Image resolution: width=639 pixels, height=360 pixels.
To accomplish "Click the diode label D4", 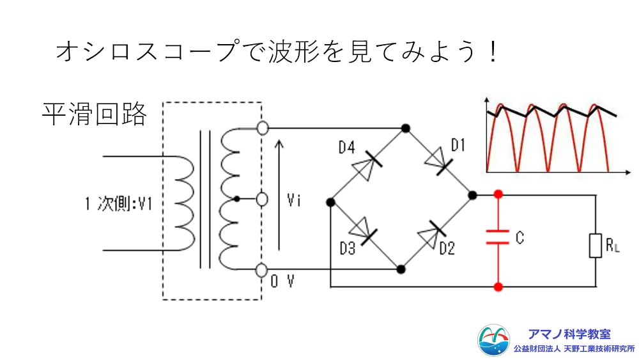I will pos(346,148).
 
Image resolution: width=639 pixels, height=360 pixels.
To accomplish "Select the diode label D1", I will pos(458,146).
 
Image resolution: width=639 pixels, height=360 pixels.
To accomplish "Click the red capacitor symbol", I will pos(498,237).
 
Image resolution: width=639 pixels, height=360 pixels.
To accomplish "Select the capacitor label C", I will pos(519,239).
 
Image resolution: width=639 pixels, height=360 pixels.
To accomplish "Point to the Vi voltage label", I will pos(294,200).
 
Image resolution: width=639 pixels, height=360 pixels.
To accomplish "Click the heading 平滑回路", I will pos(95,114).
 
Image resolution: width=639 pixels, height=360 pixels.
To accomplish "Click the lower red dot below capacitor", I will pos(498,287).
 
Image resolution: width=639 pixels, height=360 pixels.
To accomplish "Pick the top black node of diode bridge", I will pos(405,129).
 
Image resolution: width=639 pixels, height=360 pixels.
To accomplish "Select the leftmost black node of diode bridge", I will pos(330,203).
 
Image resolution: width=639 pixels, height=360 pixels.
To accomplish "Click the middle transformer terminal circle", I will pos(261,200).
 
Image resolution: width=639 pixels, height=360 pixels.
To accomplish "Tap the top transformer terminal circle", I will pos(261,128).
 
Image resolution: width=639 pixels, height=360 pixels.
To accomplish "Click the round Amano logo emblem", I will pos(494,340).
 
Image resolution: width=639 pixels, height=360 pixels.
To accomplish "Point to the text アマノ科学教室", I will pos(569,334).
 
